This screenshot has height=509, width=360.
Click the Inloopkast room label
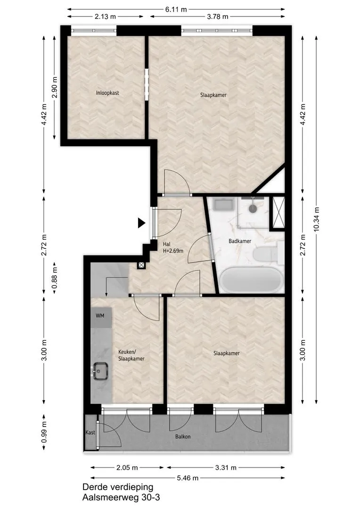click(x=107, y=93)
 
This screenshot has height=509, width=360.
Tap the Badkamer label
click(x=240, y=241)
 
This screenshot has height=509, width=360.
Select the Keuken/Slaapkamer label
click(x=131, y=355)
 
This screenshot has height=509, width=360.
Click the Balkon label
click(x=183, y=436)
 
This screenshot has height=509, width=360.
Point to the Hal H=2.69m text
click(x=173, y=247)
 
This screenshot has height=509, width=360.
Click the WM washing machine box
click(x=101, y=317)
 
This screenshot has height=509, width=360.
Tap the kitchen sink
click(x=100, y=371)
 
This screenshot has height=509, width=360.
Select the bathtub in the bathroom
click(x=251, y=280)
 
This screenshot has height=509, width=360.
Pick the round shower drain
click(x=253, y=208)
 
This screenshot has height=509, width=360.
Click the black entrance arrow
click(x=141, y=223)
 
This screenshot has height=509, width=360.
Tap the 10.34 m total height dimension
click(x=317, y=220)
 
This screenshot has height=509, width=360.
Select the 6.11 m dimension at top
click(x=176, y=9)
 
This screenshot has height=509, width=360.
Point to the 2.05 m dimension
click(x=127, y=468)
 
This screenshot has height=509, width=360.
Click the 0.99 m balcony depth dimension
click(x=44, y=432)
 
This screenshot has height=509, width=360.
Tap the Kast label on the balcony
click(x=90, y=432)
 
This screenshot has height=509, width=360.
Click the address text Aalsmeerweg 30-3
click(x=121, y=497)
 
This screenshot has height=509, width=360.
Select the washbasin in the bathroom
click(x=223, y=205)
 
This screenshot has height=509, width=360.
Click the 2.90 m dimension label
click(x=55, y=87)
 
